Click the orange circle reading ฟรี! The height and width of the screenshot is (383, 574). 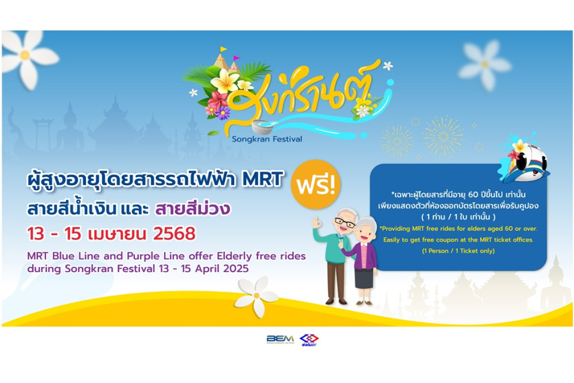pyautogui.click(x=316, y=184)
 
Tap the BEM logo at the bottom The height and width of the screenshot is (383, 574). pyautogui.click(x=280, y=339)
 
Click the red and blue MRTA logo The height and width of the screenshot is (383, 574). pyautogui.click(x=309, y=340)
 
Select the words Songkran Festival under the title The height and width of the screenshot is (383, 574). pyautogui.click(x=267, y=139)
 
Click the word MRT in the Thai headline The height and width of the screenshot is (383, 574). pyautogui.click(x=263, y=179)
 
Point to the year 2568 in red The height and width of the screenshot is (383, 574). pyautogui.click(x=174, y=234)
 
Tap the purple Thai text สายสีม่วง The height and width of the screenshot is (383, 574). pyautogui.click(x=192, y=209)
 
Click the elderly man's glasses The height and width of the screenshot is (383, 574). pyautogui.click(x=345, y=222)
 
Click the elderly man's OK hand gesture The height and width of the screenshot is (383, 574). pyautogui.click(x=316, y=222)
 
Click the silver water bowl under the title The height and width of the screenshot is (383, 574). pyautogui.click(x=262, y=127)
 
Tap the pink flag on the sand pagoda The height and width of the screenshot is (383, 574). pyautogui.click(x=237, y=58)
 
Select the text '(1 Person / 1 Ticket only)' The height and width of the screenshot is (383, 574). pyautogui.click(x=458, y=250)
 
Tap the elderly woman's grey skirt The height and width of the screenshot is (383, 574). pyautogui.click(x=364, y=278)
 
